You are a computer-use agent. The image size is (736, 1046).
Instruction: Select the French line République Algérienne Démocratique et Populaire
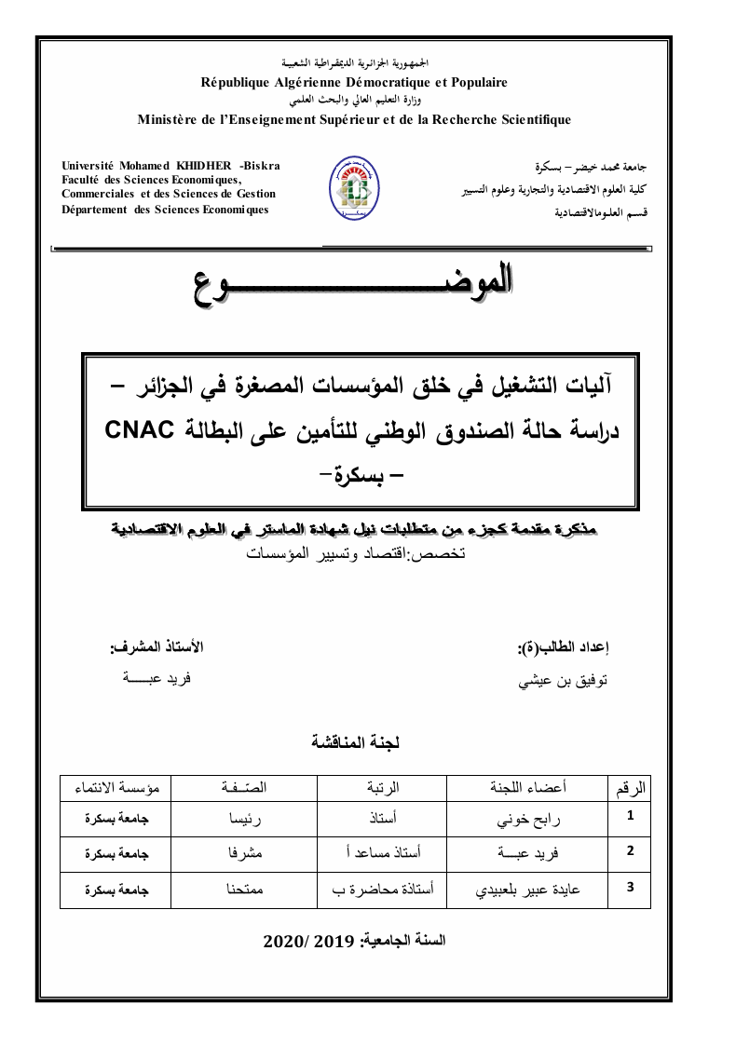pos(355,82)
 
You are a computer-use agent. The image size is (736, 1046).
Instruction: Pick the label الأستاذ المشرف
pos(156,646)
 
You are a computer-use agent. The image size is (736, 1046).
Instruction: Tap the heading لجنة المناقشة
pos(355,742)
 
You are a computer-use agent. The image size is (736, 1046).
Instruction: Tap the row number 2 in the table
pos(631,850)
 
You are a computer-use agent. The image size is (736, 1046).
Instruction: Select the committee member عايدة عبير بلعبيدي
pos(528,889)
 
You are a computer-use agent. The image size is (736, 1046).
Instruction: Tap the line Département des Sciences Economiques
pos(165,210)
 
